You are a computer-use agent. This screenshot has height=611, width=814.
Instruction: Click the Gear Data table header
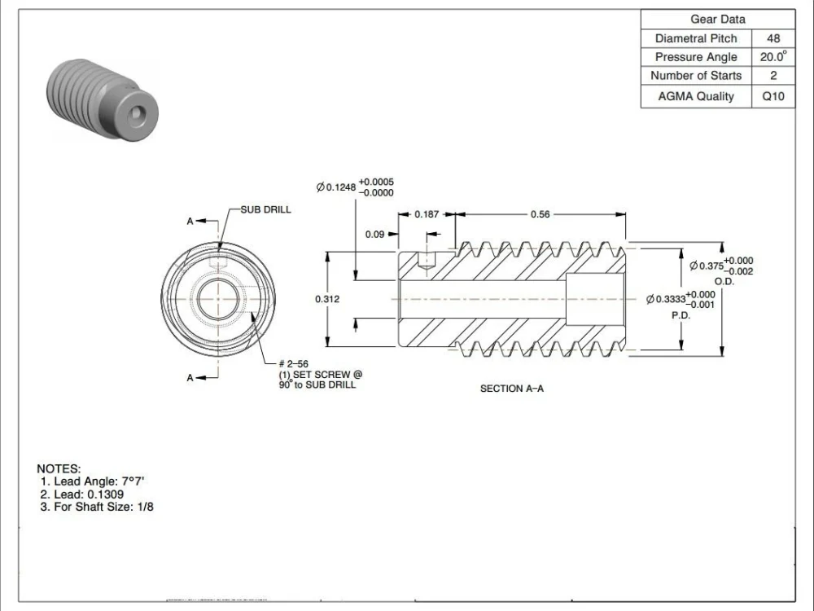coord(717,20)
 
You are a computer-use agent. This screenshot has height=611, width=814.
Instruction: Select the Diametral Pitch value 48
coord(772,38)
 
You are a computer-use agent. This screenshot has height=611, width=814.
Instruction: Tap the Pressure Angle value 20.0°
coord(772,57)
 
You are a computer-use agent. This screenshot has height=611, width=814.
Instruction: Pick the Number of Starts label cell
coord(696,76)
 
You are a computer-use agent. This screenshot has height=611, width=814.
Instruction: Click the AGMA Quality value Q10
coord(772,96)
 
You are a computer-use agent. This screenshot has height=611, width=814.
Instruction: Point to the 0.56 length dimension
coord(540,214)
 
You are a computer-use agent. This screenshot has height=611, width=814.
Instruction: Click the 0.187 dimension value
coord(427,214)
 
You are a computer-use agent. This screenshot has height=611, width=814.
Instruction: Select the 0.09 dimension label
coord(374,235)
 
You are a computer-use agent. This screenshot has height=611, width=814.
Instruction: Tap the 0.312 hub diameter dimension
coord(327,299)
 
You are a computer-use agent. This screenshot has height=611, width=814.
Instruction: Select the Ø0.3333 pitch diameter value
coord(669,299)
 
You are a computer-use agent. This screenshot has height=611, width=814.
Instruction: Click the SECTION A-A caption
coord(512,389)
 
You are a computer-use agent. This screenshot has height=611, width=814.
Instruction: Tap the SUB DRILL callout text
coord(265,209)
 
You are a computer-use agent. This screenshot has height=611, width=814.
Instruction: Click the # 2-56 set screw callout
coord(294,364)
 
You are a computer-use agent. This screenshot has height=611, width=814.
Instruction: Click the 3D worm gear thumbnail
coord(102,99)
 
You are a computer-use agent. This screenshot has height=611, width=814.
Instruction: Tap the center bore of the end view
coord(218,297)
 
